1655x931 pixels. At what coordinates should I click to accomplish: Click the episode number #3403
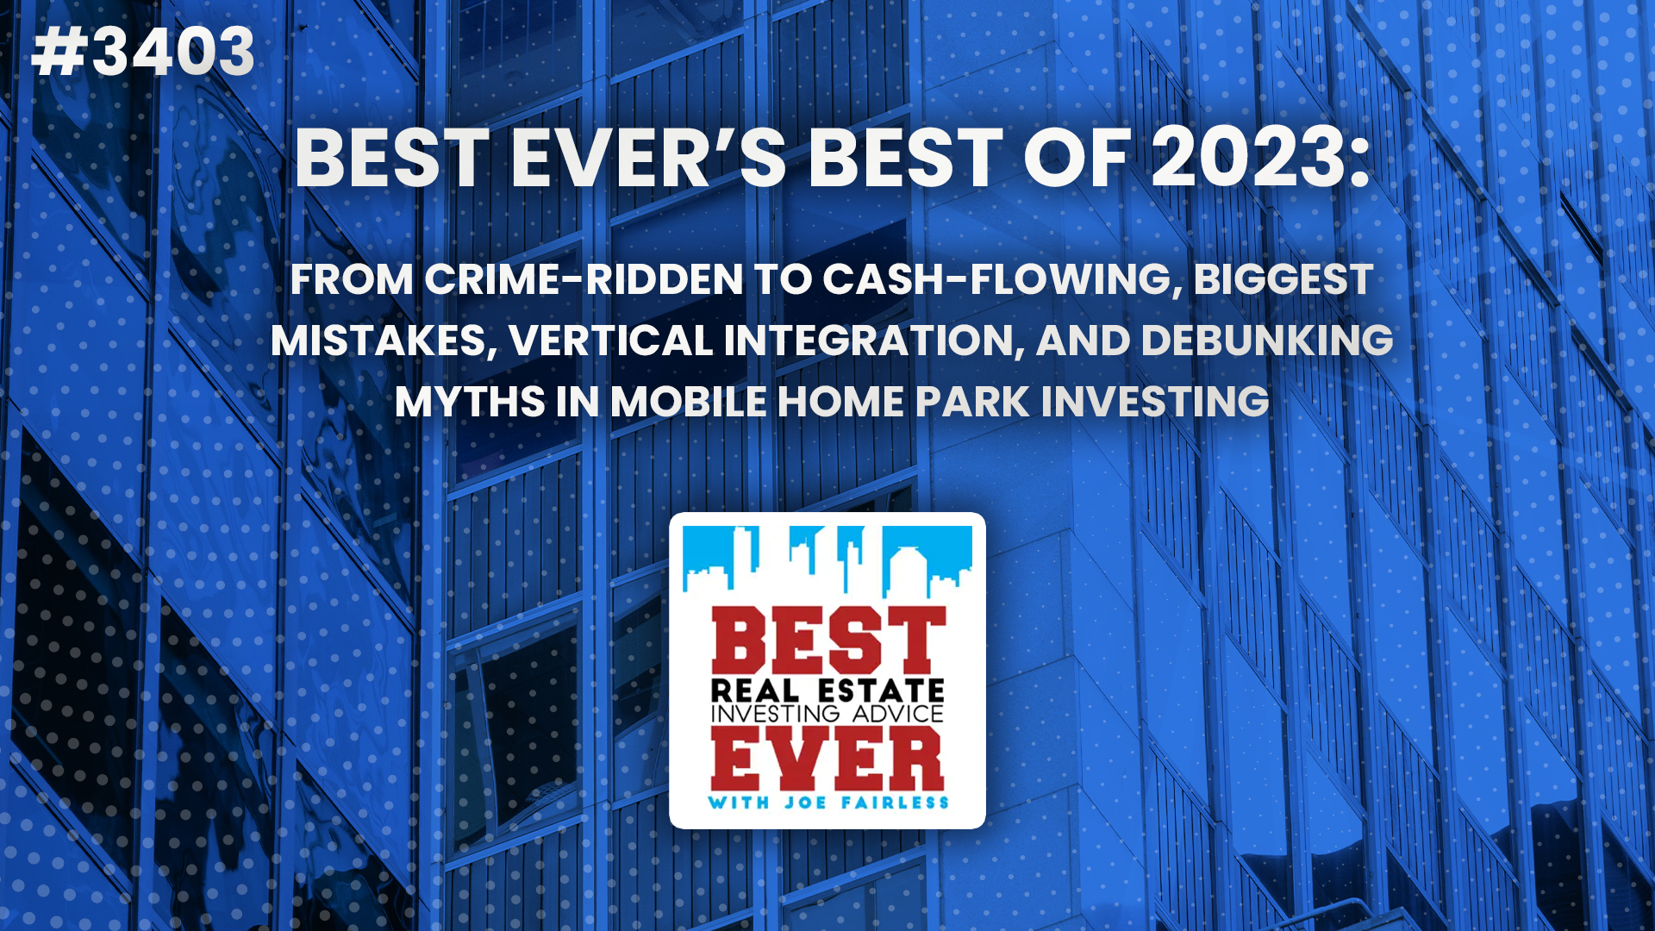[143, 52]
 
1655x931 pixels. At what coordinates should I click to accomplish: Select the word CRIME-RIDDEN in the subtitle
[583, 279]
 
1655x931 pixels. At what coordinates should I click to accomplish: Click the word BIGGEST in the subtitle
[1283, 279]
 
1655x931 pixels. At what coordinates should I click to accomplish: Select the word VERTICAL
[610, 341]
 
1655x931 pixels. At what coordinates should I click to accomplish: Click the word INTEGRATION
[873, 341]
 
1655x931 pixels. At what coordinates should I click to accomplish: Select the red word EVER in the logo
[827, 759]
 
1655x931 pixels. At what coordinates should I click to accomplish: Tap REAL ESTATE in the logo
[827, 690]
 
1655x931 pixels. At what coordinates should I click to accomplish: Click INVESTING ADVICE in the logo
[827, 714]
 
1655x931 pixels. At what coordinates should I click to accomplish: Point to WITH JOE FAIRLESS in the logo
[827, 803]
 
